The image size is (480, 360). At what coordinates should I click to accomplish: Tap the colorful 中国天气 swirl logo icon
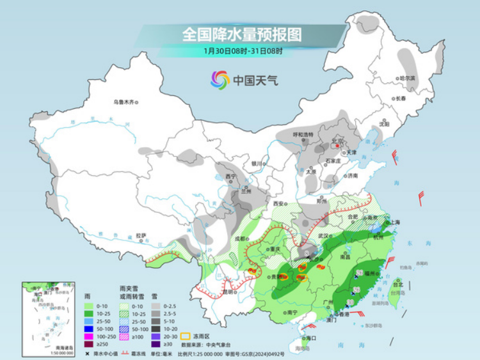pos(220,80)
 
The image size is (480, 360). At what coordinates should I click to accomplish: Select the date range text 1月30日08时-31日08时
pos(243,50)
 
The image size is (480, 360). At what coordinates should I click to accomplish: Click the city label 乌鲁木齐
pos(125,102)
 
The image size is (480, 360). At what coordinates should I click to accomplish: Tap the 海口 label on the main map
pos(312,337)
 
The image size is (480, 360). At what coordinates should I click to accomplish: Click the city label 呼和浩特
pos(303,134)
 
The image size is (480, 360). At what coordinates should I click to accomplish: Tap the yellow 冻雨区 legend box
pos(186,335)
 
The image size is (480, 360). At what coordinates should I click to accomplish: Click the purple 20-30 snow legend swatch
pos(156,336)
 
